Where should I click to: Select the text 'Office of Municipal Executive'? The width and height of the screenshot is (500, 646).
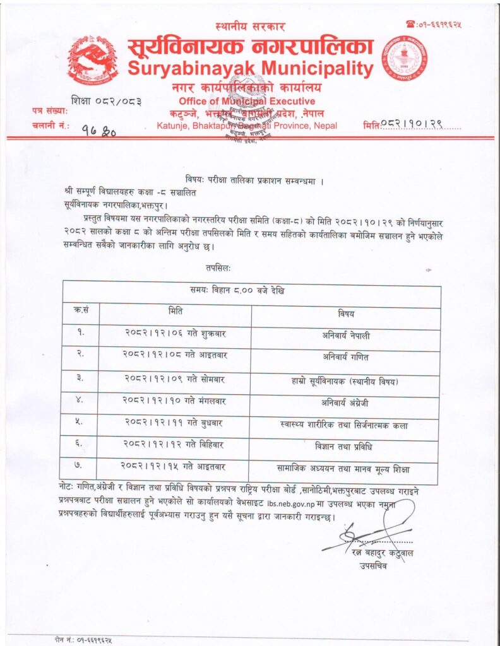(246, 101)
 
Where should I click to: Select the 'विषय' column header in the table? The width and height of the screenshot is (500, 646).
(346, 314)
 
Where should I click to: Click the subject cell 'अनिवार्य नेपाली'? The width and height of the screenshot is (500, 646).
(346, 336)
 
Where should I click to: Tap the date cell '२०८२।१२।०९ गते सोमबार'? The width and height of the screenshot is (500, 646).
(174, 380)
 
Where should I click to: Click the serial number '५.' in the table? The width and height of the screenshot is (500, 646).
(80, 424)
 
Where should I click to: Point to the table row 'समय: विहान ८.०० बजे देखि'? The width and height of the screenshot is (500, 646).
(251, 292)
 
